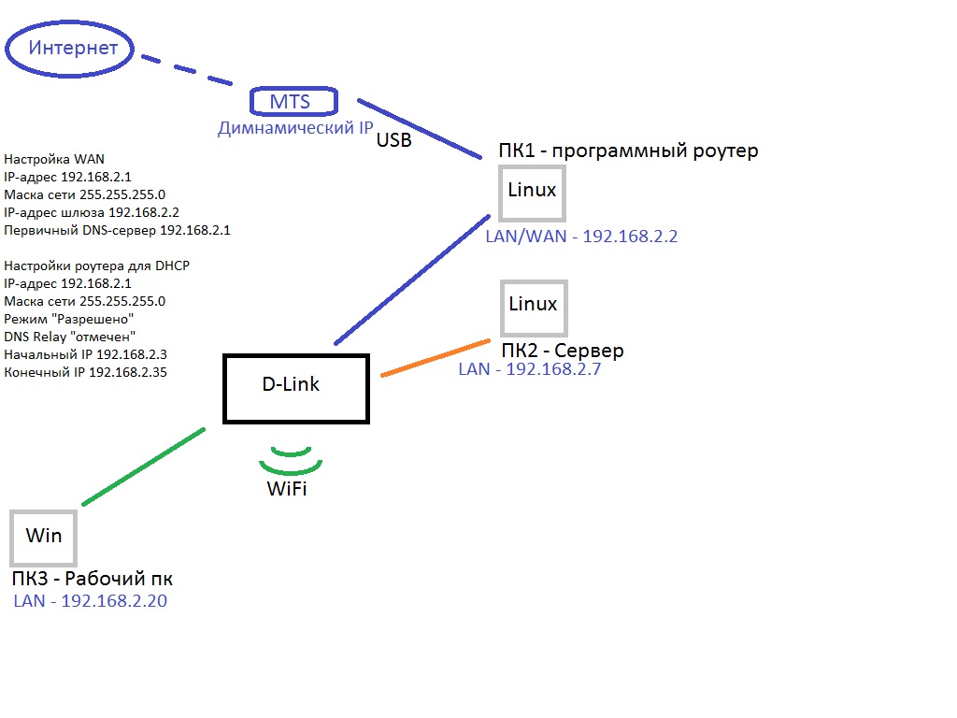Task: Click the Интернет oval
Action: click(x=72, y=48)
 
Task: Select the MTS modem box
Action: click(x=293, y=101)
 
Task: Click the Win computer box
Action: click(x=43, y=536)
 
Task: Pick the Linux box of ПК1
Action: click(x=533, y=192)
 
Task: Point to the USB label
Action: click(x=394, y=140)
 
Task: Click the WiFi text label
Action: click(x=287, y=488)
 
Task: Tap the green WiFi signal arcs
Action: click(x=290, y=461)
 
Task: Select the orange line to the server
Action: click(x=436, y=358)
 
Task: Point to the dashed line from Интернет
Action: click(x=187, y=71)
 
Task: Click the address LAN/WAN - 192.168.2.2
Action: click(x=580, y=237)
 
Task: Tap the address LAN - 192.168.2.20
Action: click(x=90, y=601)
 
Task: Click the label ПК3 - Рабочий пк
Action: click(x=92, y=579)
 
